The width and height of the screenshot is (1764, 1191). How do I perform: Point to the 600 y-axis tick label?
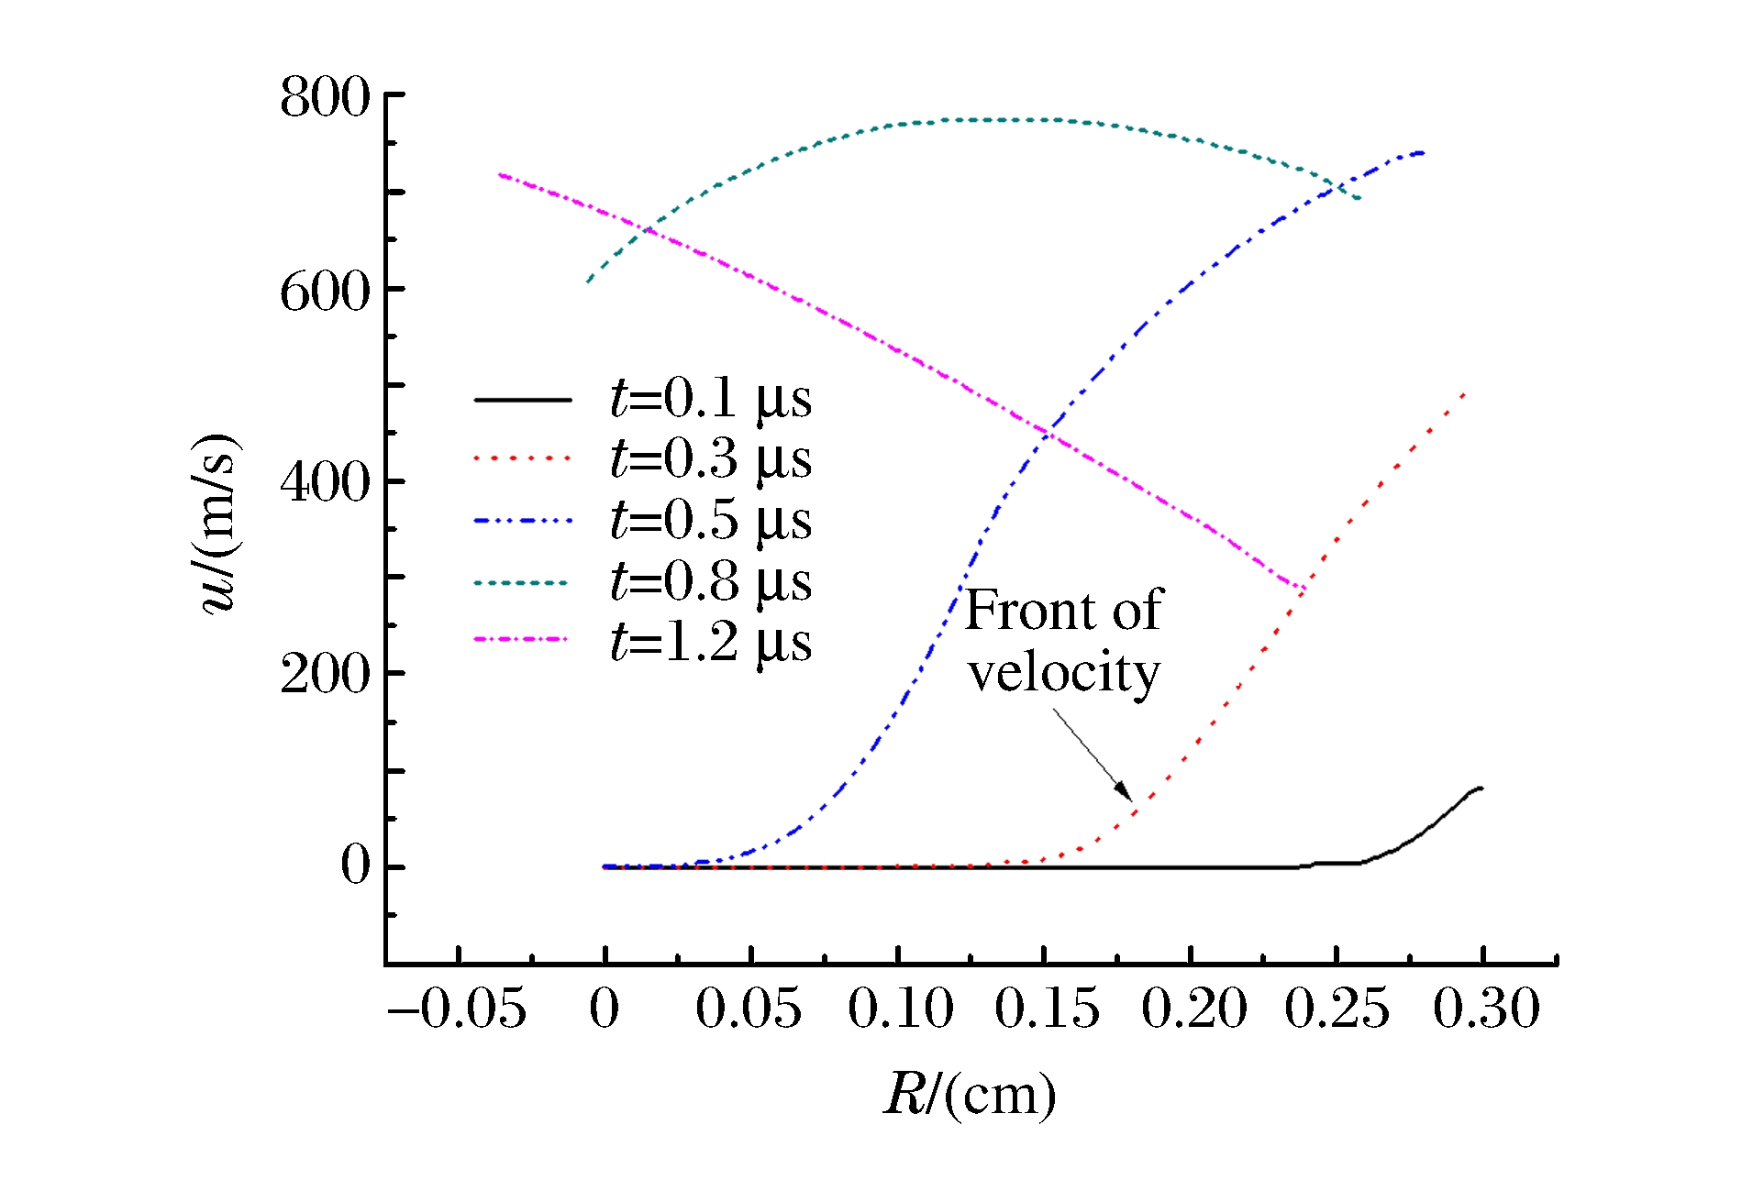point(325,292)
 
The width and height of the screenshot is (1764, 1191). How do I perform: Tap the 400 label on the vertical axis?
point(325,482)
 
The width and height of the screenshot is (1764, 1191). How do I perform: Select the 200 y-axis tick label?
point(325,675)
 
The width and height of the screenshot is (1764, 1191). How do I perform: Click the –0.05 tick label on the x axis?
point(457,1009)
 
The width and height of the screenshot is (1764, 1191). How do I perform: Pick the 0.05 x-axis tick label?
point(749,1009)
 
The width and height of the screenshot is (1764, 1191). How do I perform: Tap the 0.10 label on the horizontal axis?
point(900,1009)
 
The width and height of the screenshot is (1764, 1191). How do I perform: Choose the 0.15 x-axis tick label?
point(1047,1009)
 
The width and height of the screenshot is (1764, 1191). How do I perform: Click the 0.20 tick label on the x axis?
point(1193,1009)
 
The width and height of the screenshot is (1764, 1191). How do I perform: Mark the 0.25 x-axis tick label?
point(1337,1009)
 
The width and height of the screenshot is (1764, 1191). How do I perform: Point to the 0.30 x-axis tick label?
point(1486,1009)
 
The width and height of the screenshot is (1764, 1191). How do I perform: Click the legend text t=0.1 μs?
point(711,400)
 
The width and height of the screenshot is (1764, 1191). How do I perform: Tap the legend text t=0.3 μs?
point(711,458)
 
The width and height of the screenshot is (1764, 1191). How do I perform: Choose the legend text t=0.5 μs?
point(711,521)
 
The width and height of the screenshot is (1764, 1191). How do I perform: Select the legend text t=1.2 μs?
point(711,642)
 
